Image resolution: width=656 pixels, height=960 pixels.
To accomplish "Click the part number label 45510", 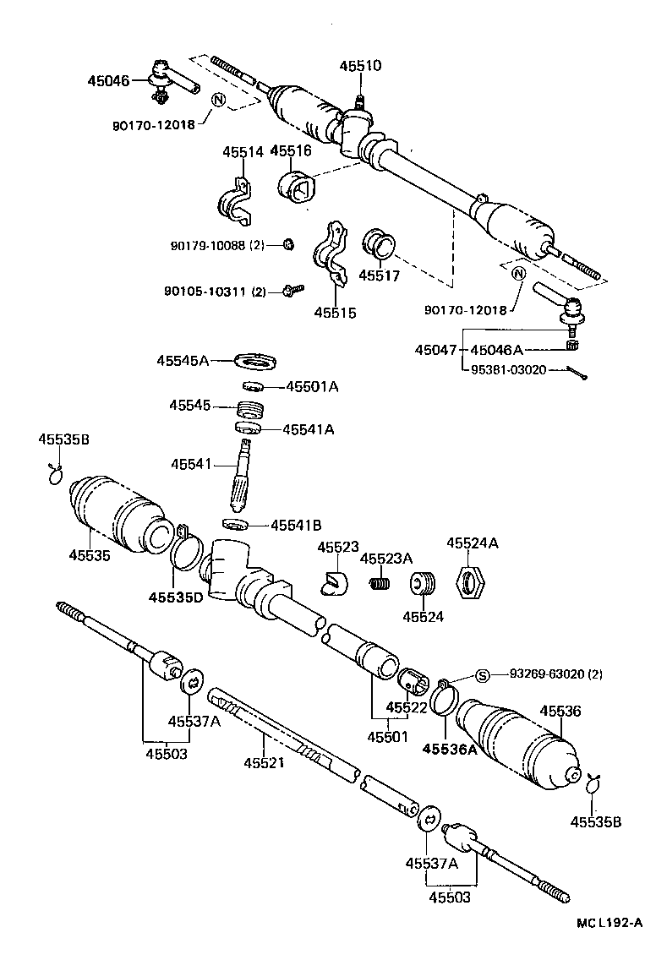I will pos(361,65).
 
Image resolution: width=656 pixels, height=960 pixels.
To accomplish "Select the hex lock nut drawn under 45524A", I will pos(470,582).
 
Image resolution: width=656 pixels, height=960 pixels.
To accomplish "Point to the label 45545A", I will pos(182,360).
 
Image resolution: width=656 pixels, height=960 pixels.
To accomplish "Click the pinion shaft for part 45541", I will pos(246,477).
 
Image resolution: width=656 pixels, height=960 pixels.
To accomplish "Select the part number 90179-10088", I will pos(209,246).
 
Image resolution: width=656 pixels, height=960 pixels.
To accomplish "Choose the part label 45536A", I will pos(450,749).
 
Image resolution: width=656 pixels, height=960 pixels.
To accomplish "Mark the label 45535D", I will pos(176,597).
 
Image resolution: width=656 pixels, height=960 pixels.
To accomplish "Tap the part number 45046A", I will pos(496,350).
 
